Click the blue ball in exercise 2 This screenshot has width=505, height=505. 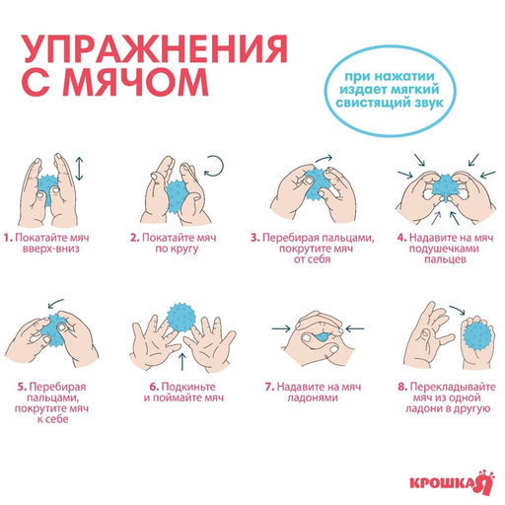pos(177,189)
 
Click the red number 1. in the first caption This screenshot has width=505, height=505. pos(7,238)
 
